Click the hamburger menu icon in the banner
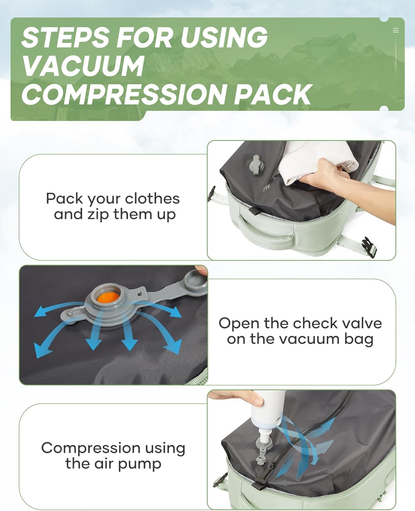pyautogui.click(x=396, y=30)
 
